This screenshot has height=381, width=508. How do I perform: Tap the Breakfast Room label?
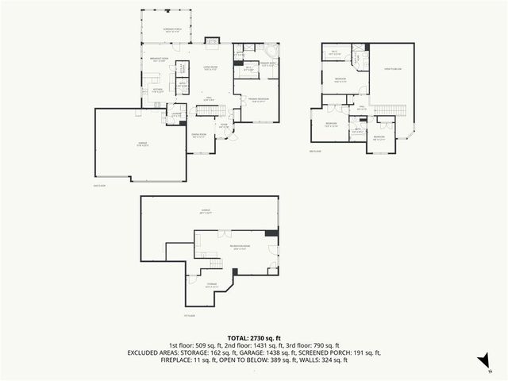[x=161, y=59]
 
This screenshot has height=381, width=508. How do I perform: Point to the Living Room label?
[x=210, y=68]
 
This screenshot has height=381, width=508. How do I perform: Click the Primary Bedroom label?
[x=258, y=99]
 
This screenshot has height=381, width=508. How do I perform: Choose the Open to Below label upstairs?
[x=393, y=69]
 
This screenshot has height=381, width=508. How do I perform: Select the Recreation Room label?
[x=240, y=247]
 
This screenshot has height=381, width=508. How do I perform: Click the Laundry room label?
[x=177, y=114]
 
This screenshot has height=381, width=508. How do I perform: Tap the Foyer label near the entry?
[x=224, y=125]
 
